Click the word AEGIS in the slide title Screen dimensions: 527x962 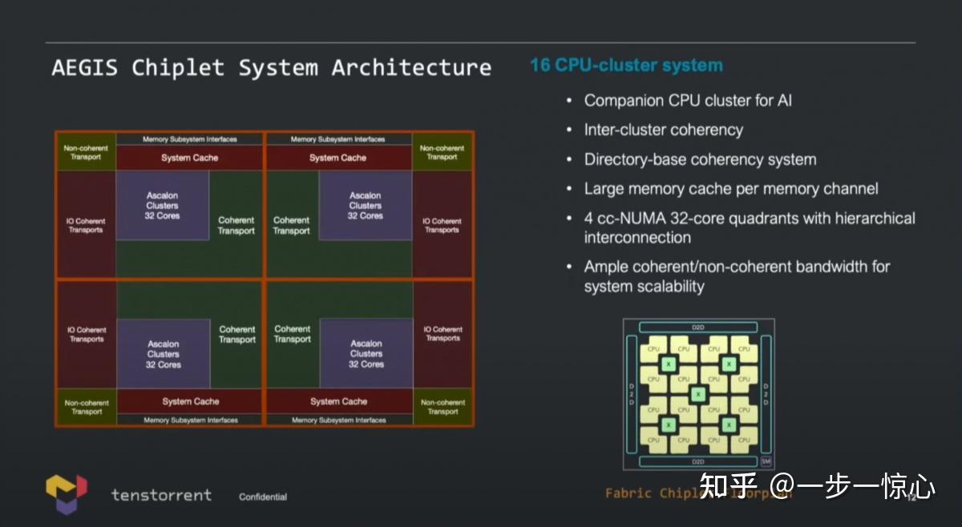(x=84, y=67)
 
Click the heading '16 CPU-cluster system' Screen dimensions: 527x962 (x=626, y=66)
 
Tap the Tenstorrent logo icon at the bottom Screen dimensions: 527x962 (x=66, y=493)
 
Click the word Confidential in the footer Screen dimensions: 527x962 (x=263, y=497)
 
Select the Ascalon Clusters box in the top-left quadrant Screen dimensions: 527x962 (x=163, y=206)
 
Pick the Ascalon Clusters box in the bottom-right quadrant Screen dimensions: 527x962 (x=366, y=353)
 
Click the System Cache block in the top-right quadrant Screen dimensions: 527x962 (x=338, y=158)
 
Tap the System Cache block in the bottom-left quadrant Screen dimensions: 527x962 (x=190, y=401)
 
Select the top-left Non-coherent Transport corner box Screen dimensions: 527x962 (x=86, y=152)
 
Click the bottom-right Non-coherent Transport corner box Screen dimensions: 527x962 (x=443, y=407)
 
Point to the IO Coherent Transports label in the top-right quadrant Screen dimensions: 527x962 (x=443, y=225)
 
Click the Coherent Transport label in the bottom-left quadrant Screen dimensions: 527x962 (x=237, y=334)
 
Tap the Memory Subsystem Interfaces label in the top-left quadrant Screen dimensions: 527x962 (x=189, y=139)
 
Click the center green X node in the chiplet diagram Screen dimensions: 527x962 (x=698, y=394)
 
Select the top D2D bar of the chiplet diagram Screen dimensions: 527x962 (x=697, y=328)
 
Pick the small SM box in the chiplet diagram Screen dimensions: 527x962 (x=766, y=461)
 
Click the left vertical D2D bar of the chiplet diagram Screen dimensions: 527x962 (x=631, y=394)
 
